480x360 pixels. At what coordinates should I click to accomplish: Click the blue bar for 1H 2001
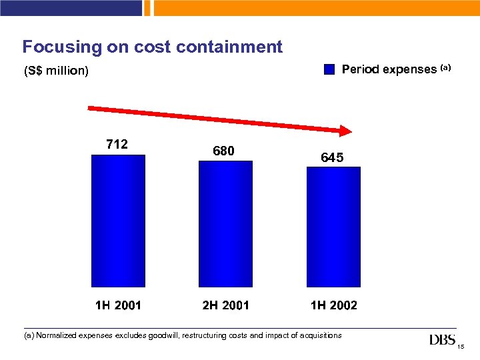[x=118, y=221]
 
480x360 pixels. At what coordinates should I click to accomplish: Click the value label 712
[x=117, y=144]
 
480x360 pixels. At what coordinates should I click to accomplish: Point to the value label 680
[x=223, y=151]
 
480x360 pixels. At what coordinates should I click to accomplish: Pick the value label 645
[x=332, y=158]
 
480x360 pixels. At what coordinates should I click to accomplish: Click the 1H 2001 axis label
[x=118, y=306]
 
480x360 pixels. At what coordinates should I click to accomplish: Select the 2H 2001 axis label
[x=225, y=306]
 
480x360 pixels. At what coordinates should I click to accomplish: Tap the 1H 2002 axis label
[x=333, y=306]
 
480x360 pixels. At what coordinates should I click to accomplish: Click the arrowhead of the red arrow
[x=345, y=131]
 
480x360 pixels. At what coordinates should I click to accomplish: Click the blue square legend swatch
[x=330, y=69]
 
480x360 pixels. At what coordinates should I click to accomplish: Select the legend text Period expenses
[x=389, y=69]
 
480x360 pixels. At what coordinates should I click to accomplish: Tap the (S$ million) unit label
[x=56, y=71]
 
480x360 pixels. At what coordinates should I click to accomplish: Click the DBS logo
[x=443, y=341]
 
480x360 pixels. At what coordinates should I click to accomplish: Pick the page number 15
[x=461, y=347]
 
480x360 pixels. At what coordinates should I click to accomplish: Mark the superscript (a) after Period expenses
[x=445, y=67]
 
